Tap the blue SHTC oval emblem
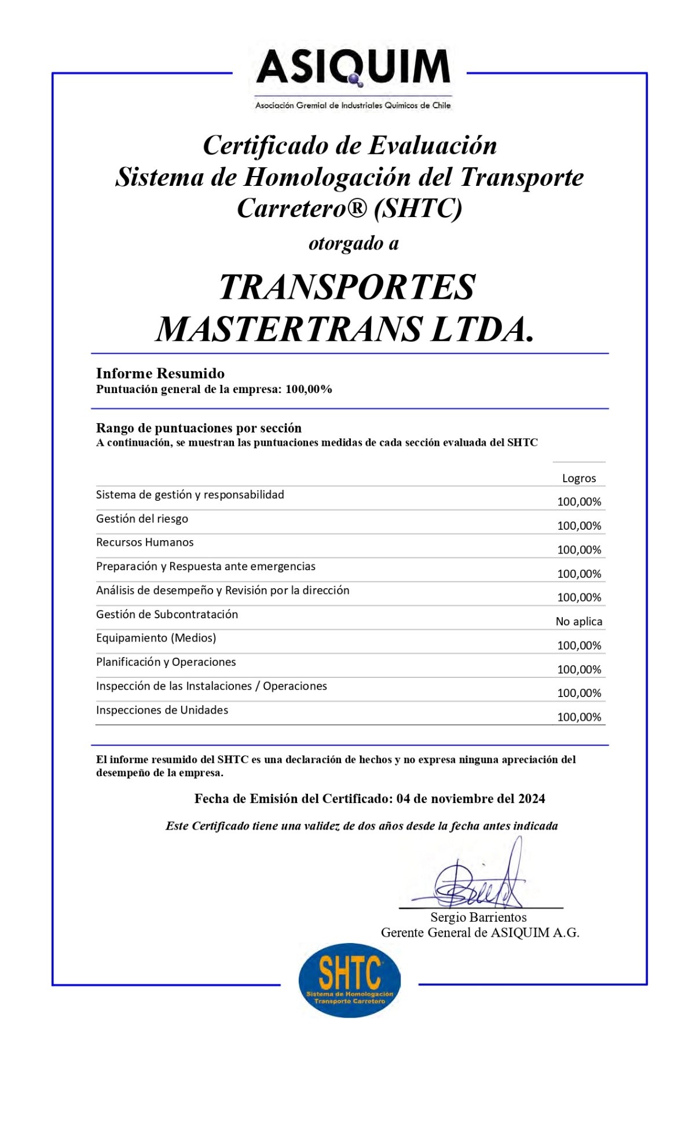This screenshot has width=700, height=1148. [349, 980]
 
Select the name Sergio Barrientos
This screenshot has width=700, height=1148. [478, 917]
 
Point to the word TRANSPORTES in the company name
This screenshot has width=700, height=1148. [347, 287]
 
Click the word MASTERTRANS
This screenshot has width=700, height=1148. [289, 329]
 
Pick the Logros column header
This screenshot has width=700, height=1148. [578, 478]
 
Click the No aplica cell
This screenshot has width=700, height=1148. [578, 621]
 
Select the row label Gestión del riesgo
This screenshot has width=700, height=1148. [142, 519]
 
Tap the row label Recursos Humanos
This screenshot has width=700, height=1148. [145, 542]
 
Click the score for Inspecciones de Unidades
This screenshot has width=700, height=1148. [578, 717]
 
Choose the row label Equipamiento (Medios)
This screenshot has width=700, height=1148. [156, 638]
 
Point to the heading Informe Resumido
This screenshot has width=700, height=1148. [160, 373]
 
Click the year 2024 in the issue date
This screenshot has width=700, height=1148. [531, 799]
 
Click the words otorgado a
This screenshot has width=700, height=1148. [353, 243]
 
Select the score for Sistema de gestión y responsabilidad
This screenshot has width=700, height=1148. [578, 502]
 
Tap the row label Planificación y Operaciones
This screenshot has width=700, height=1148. [166, 662]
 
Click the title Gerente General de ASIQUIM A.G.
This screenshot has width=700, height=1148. [479, 933]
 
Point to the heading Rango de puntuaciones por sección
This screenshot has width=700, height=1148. [199, 428]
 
